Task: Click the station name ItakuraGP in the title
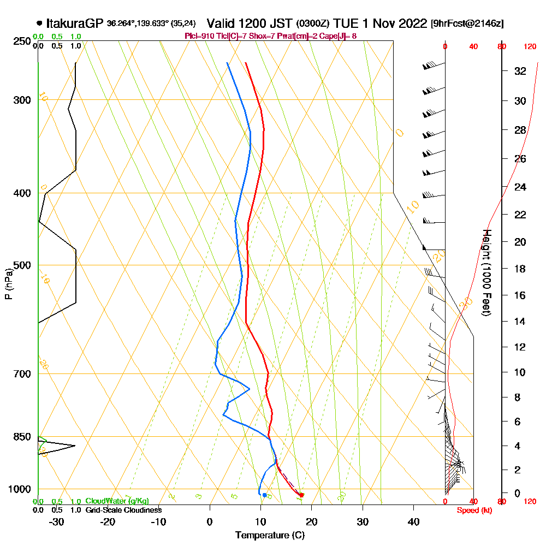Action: pos(75,23)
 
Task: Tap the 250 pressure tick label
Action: pos(21,41)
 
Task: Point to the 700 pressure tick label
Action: pos(21,374)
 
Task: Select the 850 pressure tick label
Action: pos(21,437)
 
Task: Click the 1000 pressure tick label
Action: pos(20,489)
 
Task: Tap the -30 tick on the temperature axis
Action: pos(57,521)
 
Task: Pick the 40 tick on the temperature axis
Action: pos(414,521)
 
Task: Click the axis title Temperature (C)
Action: pos(270,535)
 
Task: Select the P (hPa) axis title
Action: pos(8,283)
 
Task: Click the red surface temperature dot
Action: pos(302,495)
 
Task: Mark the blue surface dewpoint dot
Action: pos(264,495)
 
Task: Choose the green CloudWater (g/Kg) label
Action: pos(117,501)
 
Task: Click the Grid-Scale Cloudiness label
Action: pos(123,510)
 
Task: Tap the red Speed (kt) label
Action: pos(473,510)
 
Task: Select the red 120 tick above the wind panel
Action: pos(530,47)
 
